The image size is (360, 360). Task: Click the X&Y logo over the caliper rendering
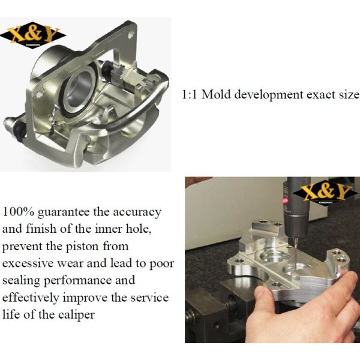33,35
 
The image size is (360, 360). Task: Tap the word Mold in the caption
216,95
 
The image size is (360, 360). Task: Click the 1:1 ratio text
190,95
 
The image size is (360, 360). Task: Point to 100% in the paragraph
19,212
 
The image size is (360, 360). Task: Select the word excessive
28,263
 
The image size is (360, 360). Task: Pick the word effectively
31,298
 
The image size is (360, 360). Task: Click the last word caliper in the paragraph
76,315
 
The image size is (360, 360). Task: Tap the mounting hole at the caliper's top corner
131,35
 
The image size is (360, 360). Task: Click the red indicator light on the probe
286,201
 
